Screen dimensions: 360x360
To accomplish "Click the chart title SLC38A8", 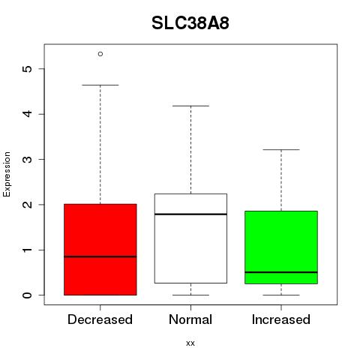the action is [x=190, y=23].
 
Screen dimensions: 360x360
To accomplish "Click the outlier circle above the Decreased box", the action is [x=100, y=54].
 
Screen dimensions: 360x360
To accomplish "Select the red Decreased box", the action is [x=100, y=250].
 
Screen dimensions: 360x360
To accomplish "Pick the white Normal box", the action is [x=190, y=238].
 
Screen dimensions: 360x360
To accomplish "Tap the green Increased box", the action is [x=281, y=247].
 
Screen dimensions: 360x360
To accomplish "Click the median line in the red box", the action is [x=100, y=256].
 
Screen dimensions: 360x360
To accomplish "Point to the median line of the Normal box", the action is [x=190, y=214].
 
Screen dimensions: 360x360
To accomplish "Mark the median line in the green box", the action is [x=281, y=272].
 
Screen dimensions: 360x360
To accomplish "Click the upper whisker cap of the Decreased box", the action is [x=100, y=85].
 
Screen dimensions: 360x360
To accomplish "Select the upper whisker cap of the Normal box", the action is [x=190, y=106].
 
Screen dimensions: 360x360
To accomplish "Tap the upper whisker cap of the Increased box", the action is [x=281, y=149].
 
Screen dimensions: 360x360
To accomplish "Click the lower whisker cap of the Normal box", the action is [x=190, y=295].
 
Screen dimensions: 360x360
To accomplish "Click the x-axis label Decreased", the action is [x=100, y=319].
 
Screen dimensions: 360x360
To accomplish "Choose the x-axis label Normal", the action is [x=190, y=319].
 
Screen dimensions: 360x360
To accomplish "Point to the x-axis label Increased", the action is [x=281, y=319].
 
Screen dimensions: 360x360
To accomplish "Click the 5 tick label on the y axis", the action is [x=28, y=69].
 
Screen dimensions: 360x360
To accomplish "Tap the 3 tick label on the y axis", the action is [x=28, y=159].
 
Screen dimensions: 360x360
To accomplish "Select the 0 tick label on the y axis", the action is [x=28, y=295].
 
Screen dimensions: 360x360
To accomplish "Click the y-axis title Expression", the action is [x=7, y=174].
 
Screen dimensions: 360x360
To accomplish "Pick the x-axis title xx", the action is [x=190, y=343].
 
